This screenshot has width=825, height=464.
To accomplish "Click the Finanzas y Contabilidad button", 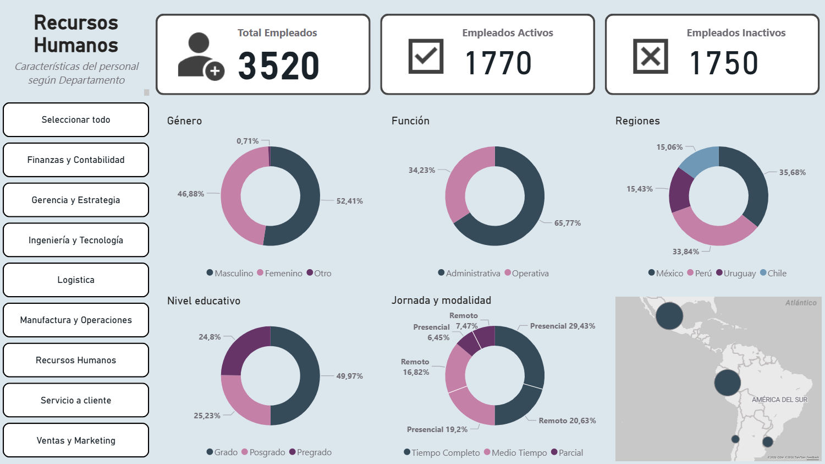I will (x=76, y=160).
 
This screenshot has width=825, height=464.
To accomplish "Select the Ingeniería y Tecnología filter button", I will (x=76, y=240).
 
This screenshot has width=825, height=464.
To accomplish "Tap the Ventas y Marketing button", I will (x=76, y=440).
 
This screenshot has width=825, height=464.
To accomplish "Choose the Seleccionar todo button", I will (x=76, y=119).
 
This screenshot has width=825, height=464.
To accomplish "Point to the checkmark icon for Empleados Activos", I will (x=426, y=56).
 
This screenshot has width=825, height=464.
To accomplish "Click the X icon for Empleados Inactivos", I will (x=651, y=56).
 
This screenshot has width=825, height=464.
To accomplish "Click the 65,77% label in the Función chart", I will (x=568, y=223).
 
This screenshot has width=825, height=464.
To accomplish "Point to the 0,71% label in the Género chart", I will (x=248, y=141).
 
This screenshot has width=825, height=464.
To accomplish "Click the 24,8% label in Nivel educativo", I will (x=210, y=337).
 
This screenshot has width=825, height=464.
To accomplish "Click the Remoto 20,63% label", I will (x=567, y=421).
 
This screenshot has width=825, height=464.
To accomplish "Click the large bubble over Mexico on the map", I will (x=669, y=316).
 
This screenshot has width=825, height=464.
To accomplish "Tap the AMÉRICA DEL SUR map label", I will (x=779, y=400).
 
